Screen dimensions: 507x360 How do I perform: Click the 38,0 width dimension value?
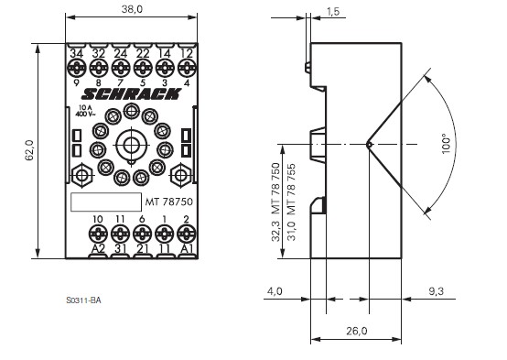click(x=132, y=9)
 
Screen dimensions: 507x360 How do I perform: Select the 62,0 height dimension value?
click(x=29, y=150)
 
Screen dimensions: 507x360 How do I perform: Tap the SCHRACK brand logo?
click(x=131, y=94)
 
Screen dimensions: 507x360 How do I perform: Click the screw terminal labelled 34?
click(x=76, y=69)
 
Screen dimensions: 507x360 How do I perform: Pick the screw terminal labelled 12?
click(x=187, y=69)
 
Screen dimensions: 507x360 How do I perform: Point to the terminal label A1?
click(x=187, y=248)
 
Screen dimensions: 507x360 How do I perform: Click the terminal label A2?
click(x=98, y=248)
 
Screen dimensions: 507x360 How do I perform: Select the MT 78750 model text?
click(x=168, y=202)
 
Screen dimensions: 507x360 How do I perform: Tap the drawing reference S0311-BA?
click(x=84, y=300)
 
